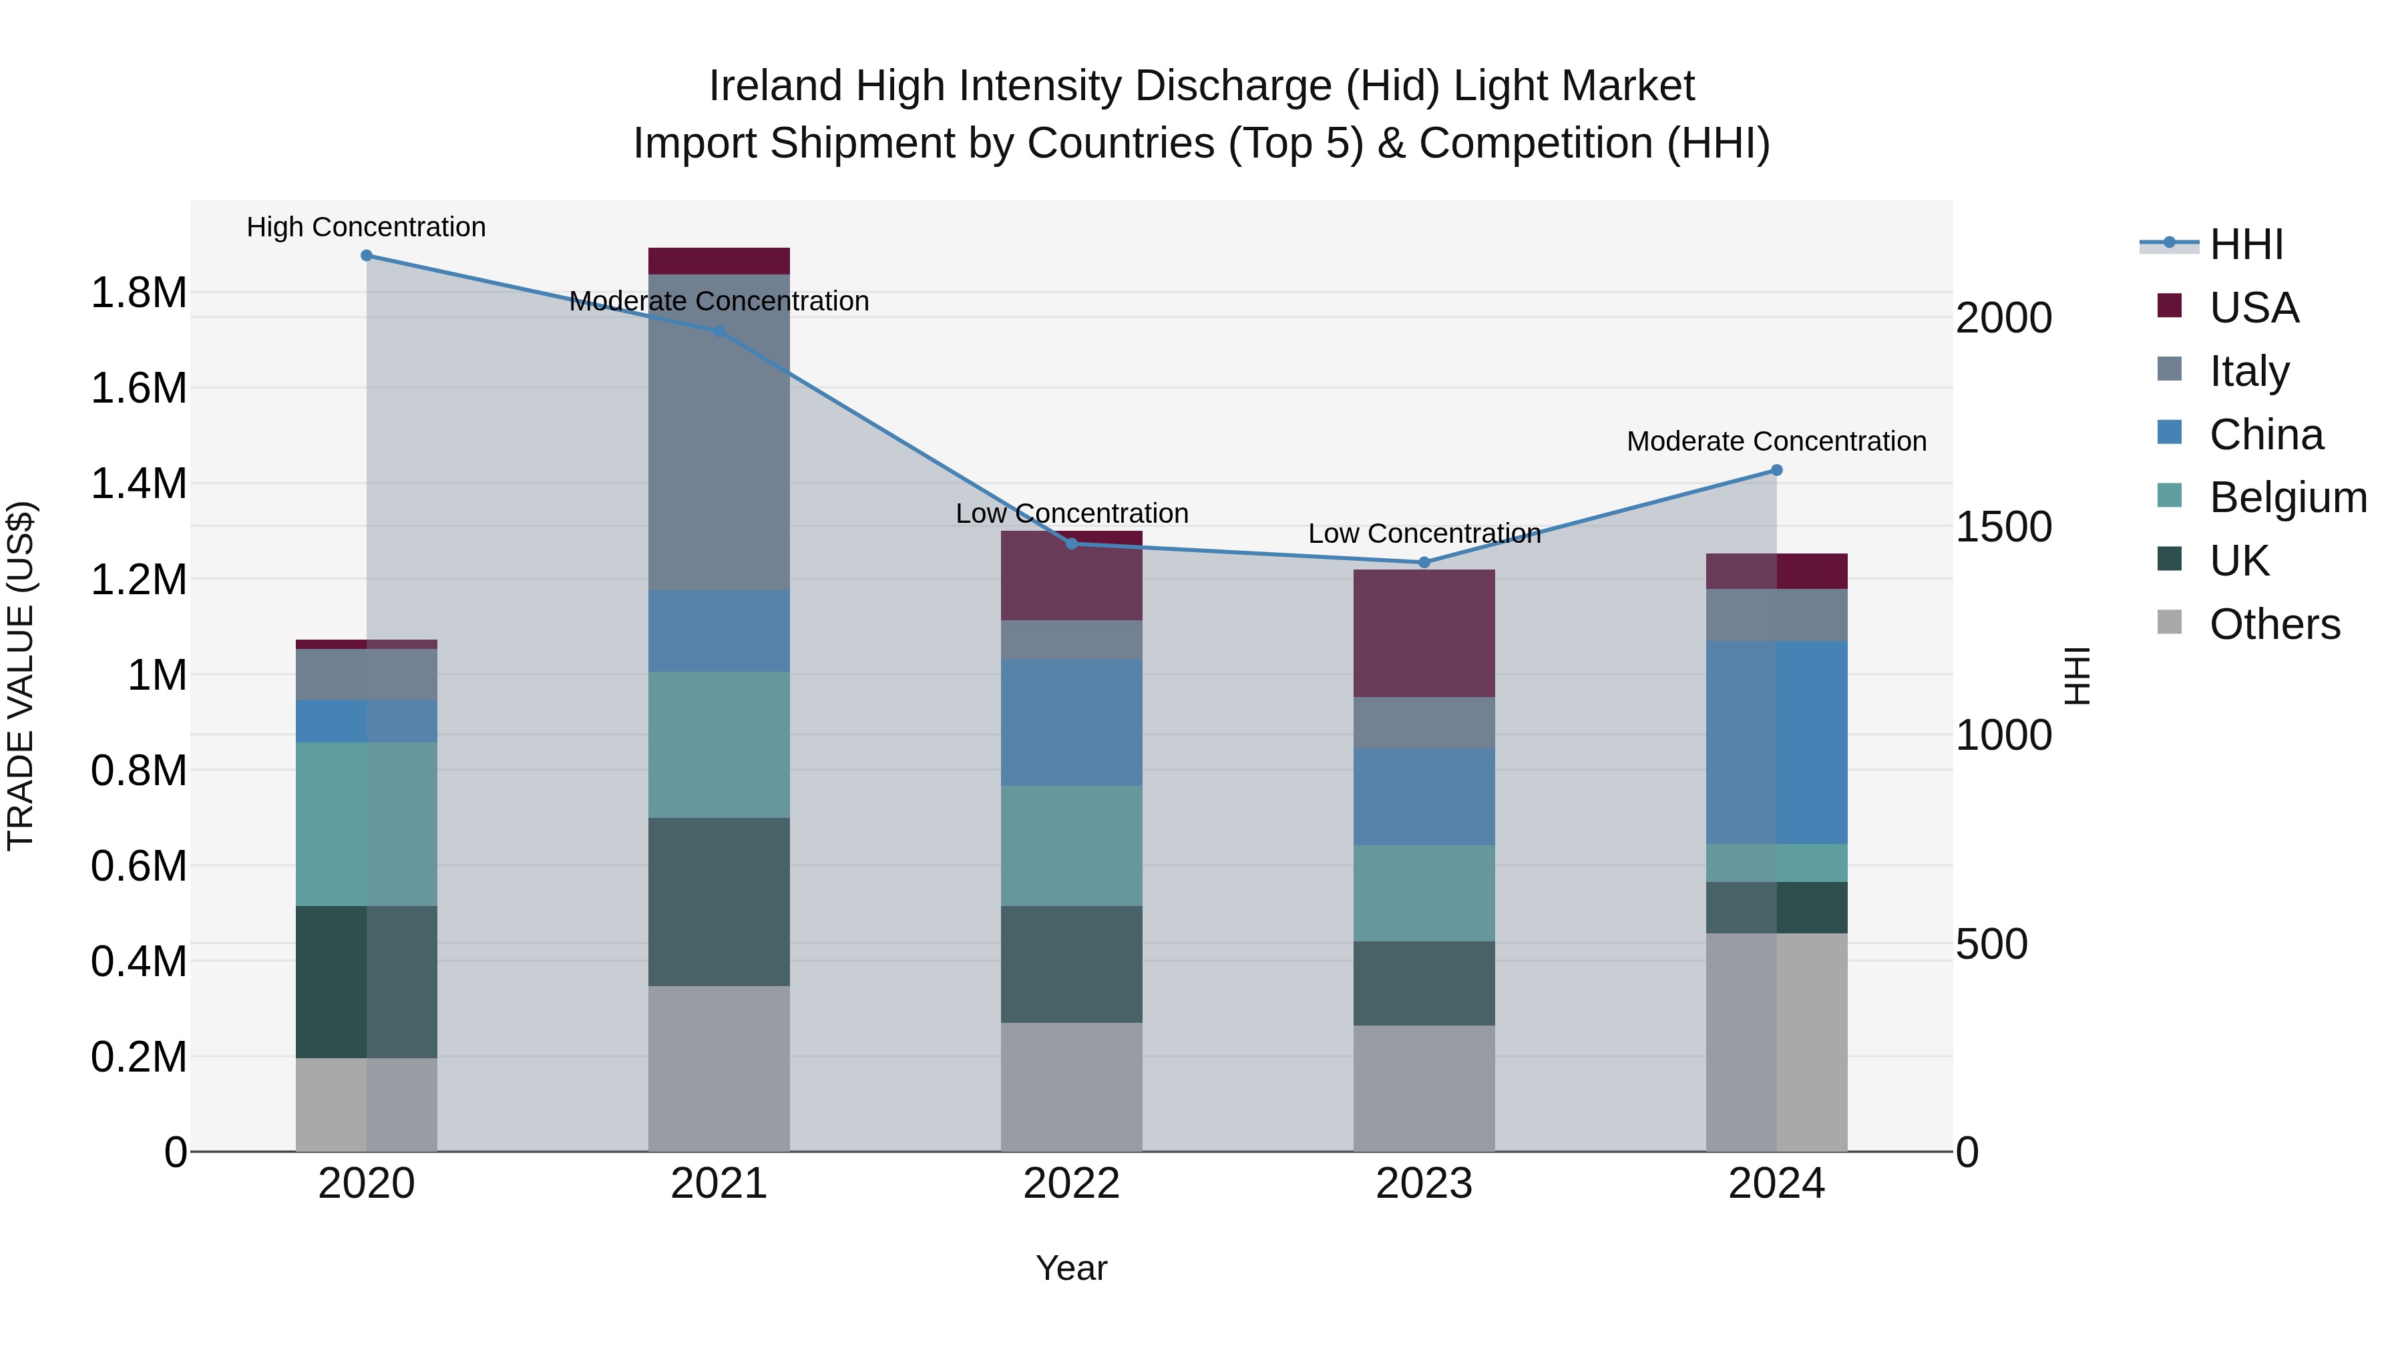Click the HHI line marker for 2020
click(x=367, y=256)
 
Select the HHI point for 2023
click(x=1424, y=563)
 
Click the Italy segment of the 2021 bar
click(x=719, y=432)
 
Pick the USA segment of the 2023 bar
click(x=1424, y=634)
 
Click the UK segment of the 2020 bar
click(x=367, y=981)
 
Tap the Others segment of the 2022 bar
click(x=1071, y=1087)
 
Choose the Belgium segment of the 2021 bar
click(x=719, y=744)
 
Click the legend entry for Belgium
click(x=2287, y=497)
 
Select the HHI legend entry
click(x=2245, y=244)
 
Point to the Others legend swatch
click(x=2170, y=622)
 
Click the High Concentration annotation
click(x=367, y=227)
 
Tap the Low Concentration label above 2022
click(x=1071, y=513)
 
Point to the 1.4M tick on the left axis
click(x=138, y=484)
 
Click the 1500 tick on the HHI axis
click(x=2003, y=527)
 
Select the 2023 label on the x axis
click(x=1424, y=1184)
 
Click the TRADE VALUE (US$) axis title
click(x=21, y=676)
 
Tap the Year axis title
click(x=1071, y=1268)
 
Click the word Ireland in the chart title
click(x=775, y=86)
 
